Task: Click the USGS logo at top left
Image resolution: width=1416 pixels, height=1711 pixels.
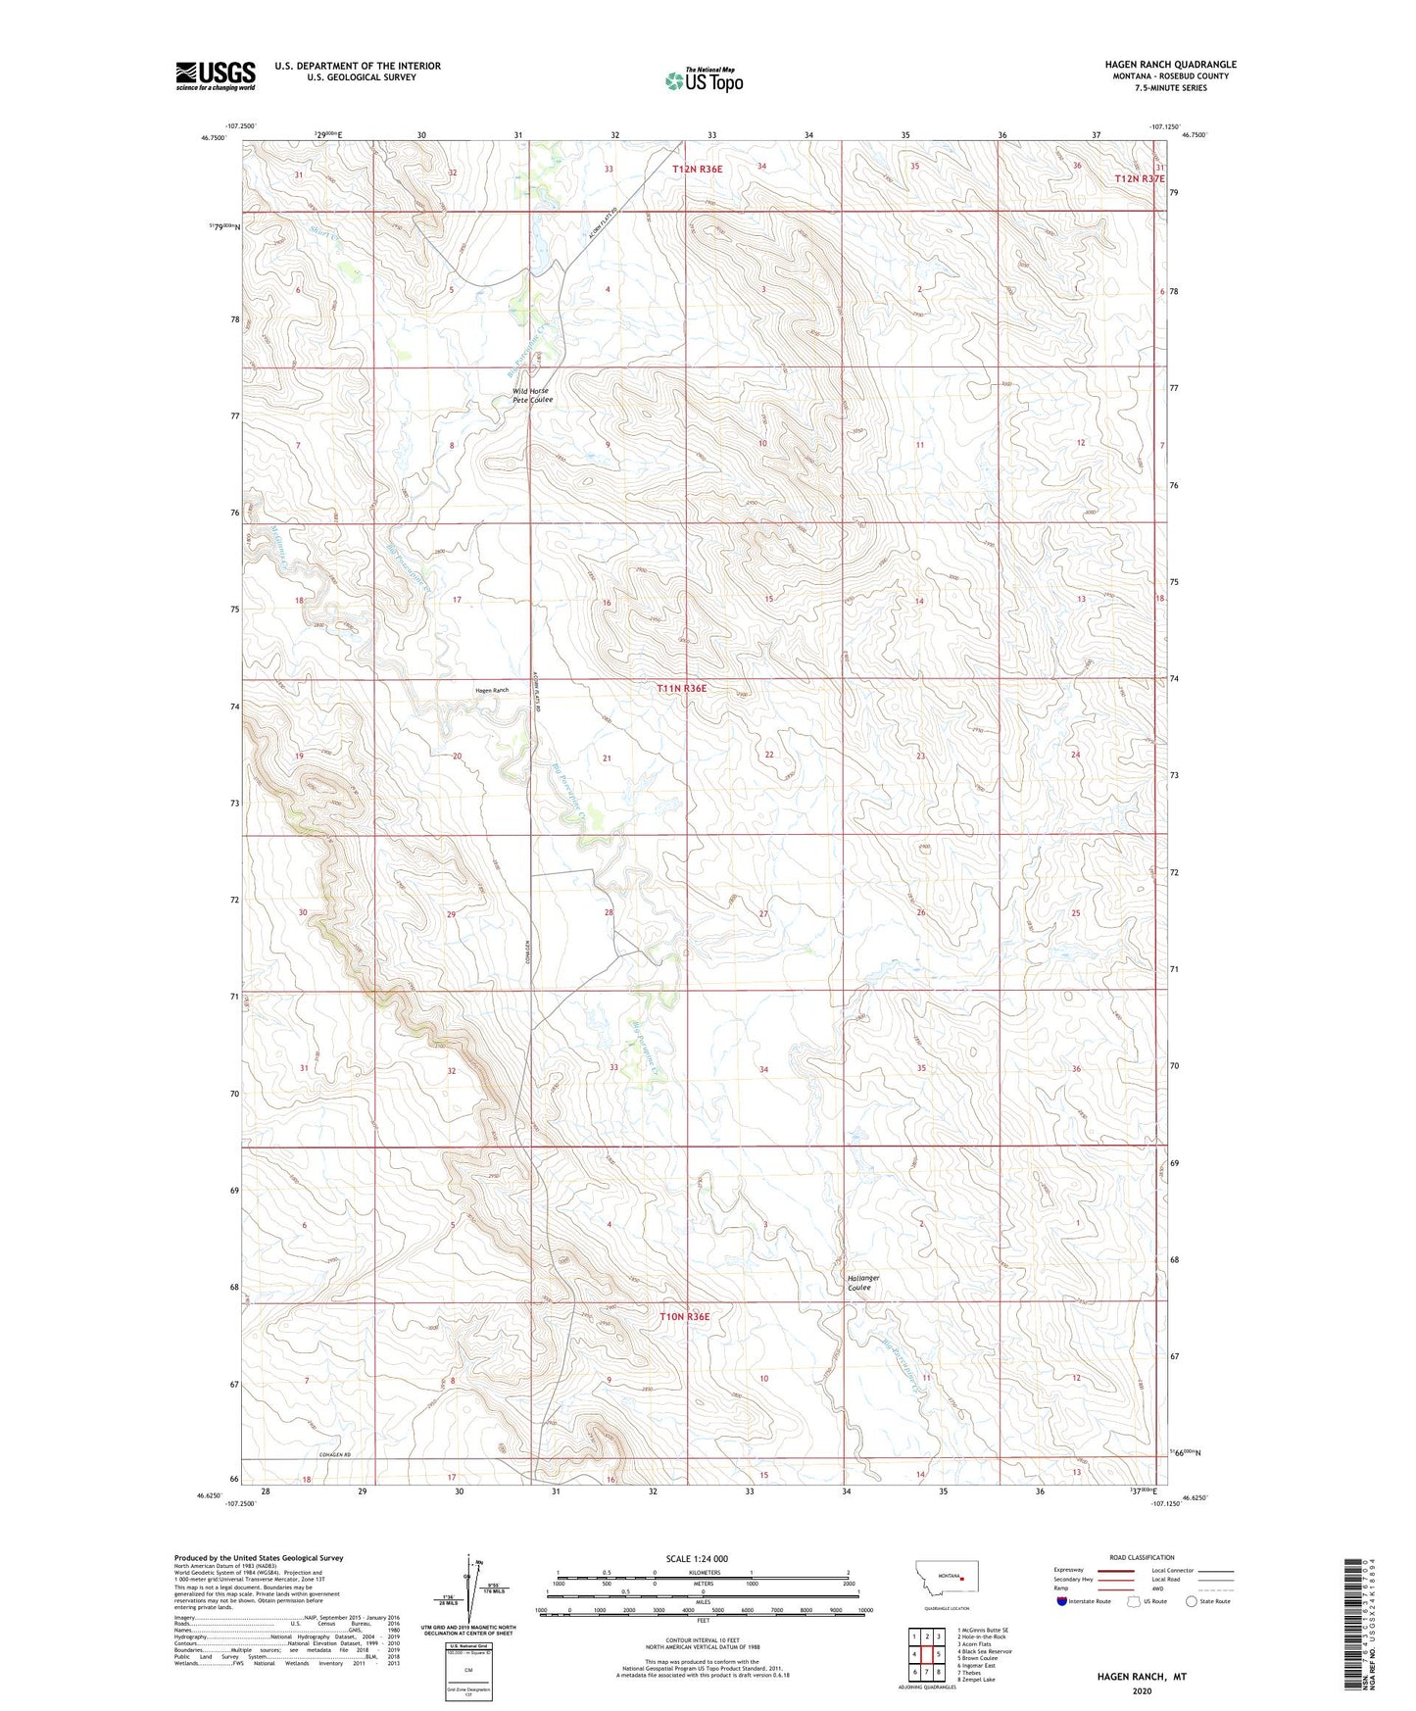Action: (x=216, y=75)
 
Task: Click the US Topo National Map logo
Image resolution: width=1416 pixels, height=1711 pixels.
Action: (x=704, y=80)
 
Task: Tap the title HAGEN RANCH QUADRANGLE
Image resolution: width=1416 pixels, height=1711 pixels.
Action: (x=1170, y=65)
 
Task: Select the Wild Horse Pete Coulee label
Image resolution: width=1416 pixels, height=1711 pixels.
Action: (x=532, y=395)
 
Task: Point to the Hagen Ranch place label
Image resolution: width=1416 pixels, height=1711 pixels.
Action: (x=492, y=691)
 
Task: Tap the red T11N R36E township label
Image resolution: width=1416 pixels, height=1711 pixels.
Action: (x=681, y=689)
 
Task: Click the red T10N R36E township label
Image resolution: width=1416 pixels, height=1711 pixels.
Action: (x=684, y=1317)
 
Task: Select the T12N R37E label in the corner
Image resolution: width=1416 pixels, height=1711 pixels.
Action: (x=1140, y=179)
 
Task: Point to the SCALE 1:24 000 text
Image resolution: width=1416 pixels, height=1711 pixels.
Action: (x=697, y=1558)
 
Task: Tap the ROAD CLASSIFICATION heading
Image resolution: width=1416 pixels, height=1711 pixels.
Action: (x=1142, y=1557)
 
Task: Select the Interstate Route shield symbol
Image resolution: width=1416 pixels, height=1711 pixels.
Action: (x=1062, y=1601)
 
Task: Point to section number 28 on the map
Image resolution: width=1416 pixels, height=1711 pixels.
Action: (x=609, y=912)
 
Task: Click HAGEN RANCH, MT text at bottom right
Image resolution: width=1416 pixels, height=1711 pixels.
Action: (x=1141, y=1677)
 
